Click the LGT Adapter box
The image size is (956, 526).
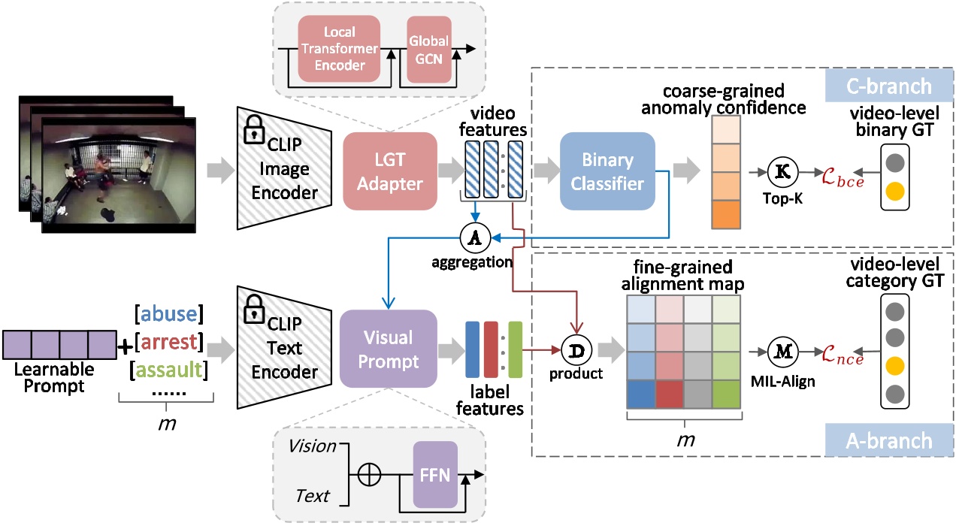click(x=391, y=171)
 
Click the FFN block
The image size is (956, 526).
click(x=435, y=473)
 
